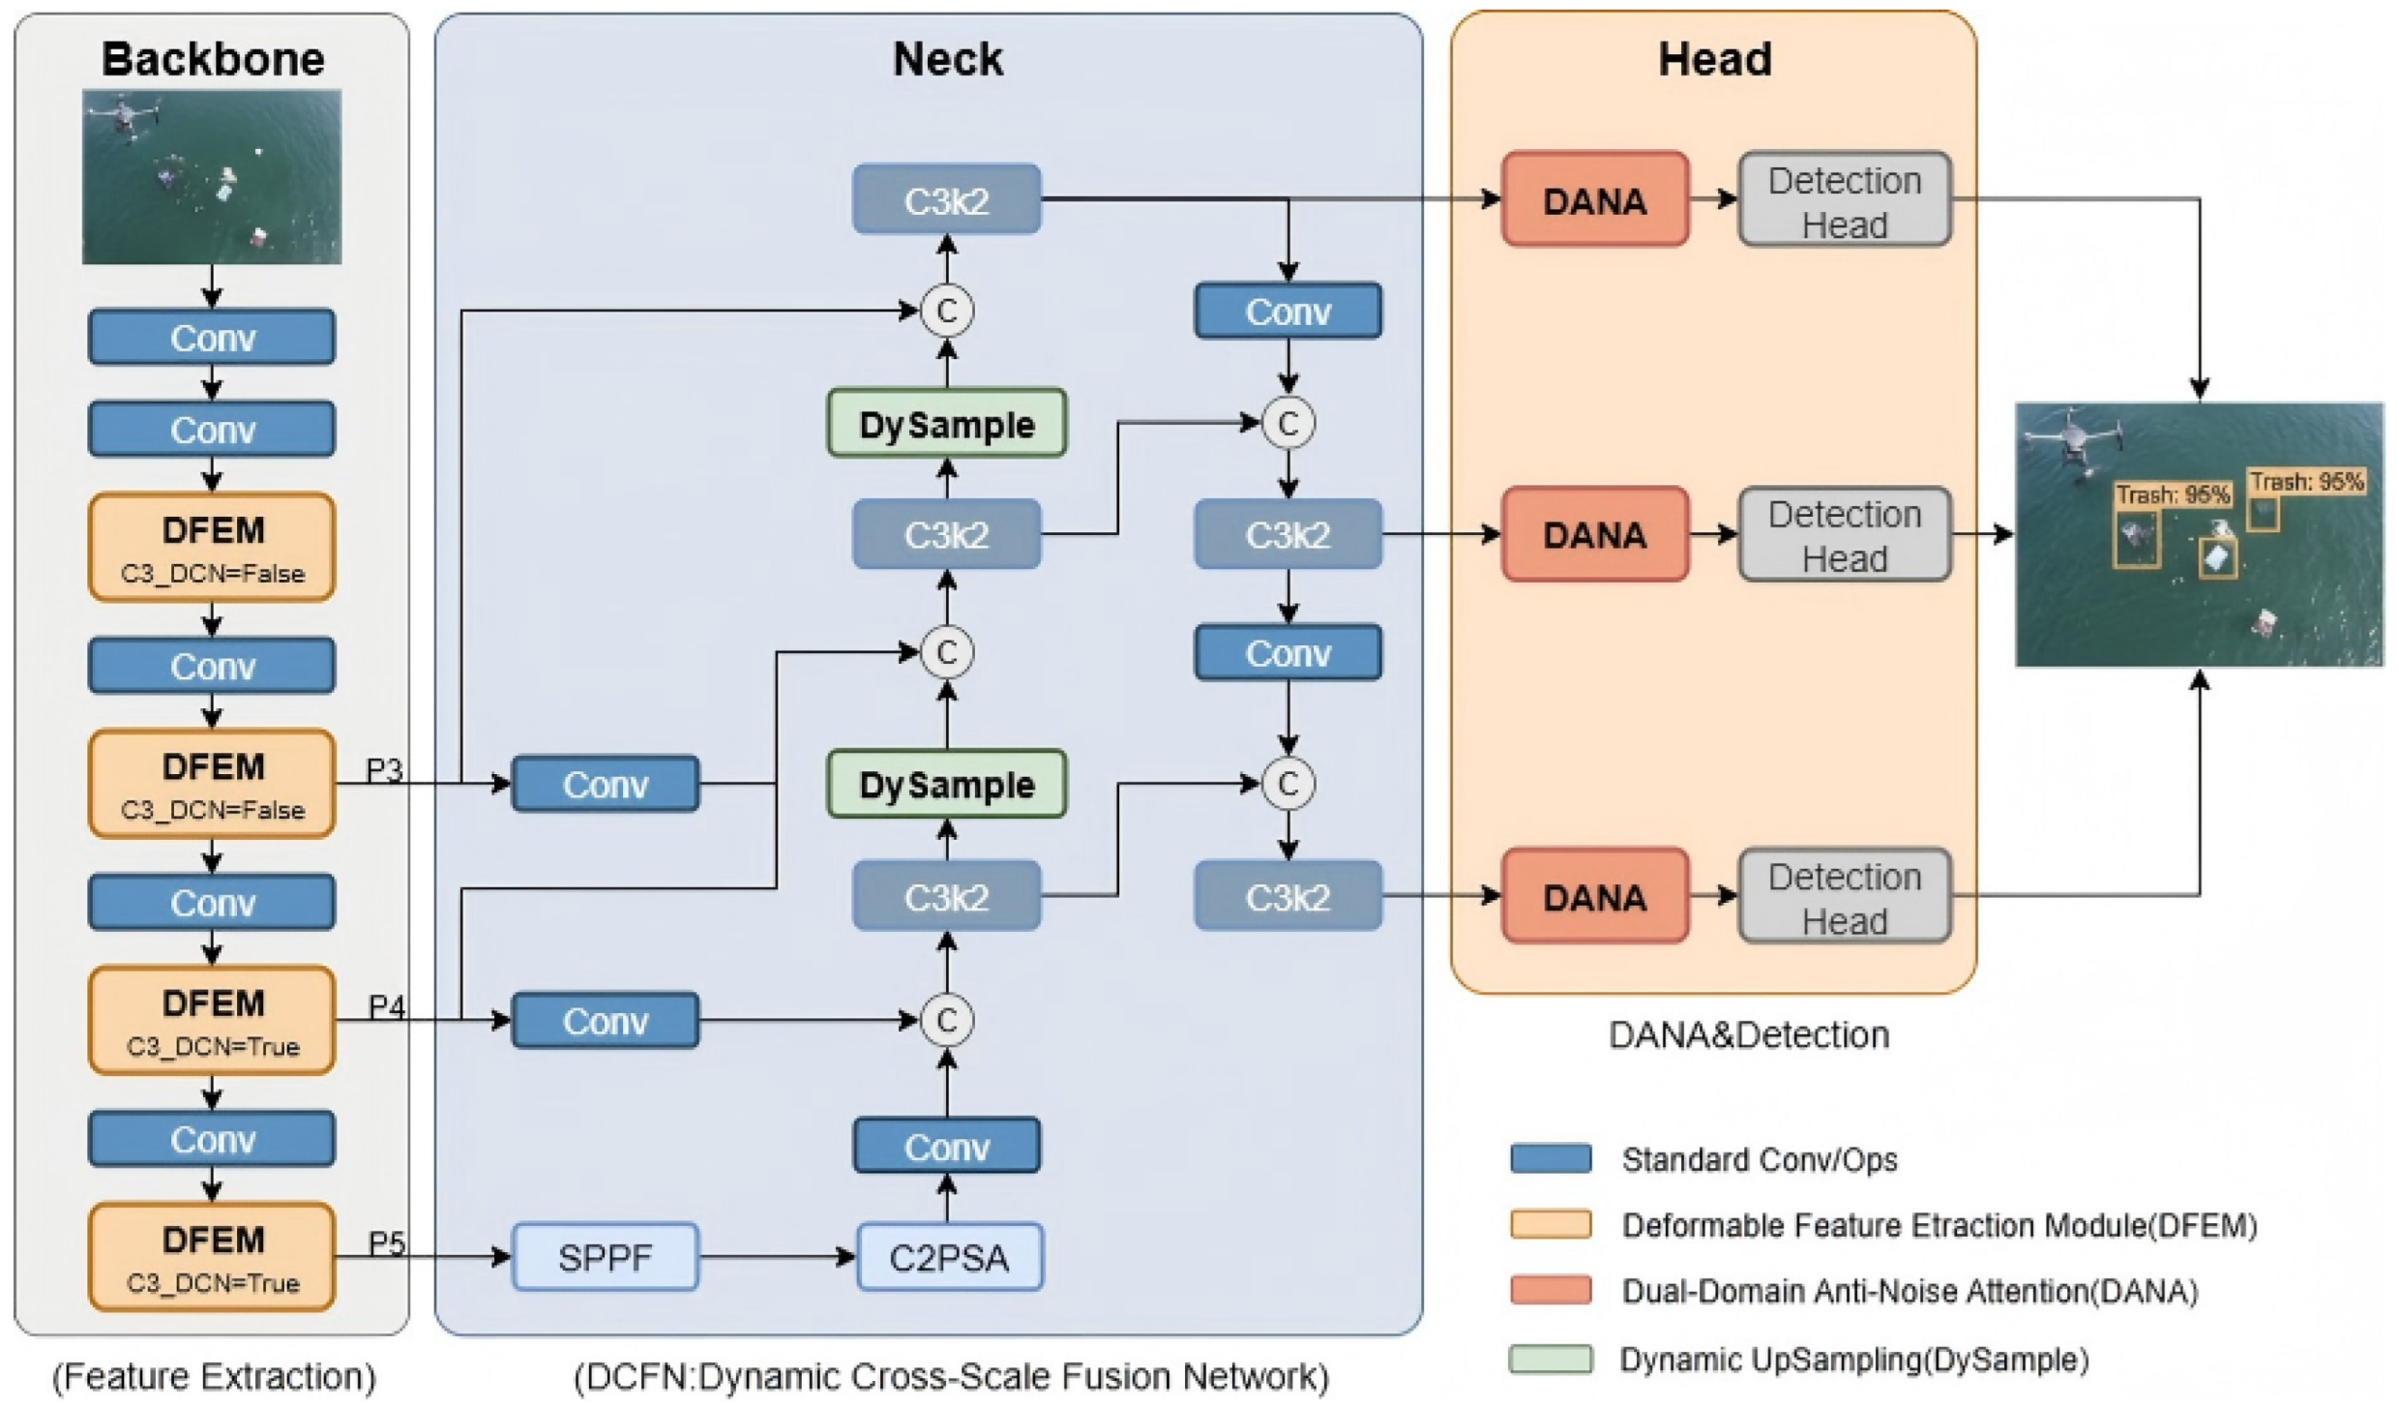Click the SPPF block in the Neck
pyautogui.click(x=605, y=1256)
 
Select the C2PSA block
pyautogui.click(x=949, y=1256)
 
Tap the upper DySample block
pyautogui.click(x=946, y=423)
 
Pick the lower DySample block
pyautogui.click(x=946, y=783)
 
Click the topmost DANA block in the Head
pyautogui.click(x=1594, y=199)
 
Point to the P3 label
pyautogui.click(x=384, y=769)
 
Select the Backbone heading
pyautogui.click(x=213, y=58)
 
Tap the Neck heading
pyautogui.click(x=947, y=58)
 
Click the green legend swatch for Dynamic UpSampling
pyautogui.click(x=1550, y=1358)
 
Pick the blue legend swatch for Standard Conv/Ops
pyautogui.click(x=1550, y=1157)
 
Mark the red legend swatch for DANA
pyautogui.click(x=1550, y=1290)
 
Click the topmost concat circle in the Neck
pyautogui.click(x=946, y=311)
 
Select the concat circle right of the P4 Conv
pyautogui.click(x=946, y=1019)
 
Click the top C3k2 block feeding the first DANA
pyautogui.click(x=946, y=199)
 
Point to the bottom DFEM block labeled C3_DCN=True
pyautogui.click(x=212, y=1256)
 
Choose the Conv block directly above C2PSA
pyautogui.click(x=946, y=1146)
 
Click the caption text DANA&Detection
pyautogui.click(x=1748, y=1034)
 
